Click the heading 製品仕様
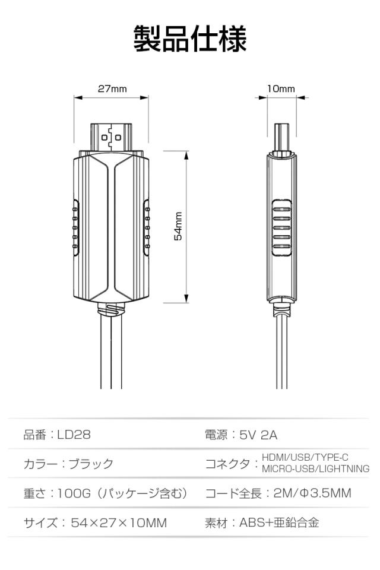pyautogui.click(x=190, y=39)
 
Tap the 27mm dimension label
pyautogui.click(x=112, y=88)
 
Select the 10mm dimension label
pyautogui.click(x=281, y=88)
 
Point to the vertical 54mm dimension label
pyautogui.click(x=179, y=226)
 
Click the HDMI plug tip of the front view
pyautogui.click(x=111, y=137)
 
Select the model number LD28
pyautogui.click(x=74, y=435)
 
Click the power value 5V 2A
pyautogui.click(x=258, y=435)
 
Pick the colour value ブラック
pyautogui.click(x=91, y=464)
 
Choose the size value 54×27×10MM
pyautogui.click(x=119, y=522)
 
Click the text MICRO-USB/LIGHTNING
pyautogui.click(x=315, y=469)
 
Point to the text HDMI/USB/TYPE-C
pyautogui.click(x=305, y=457)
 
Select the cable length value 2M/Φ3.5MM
pyautogui.click(x=312, y=493)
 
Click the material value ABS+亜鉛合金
pyautogui.click(x=279, y=522)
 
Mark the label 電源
pyautogui.click(x=216, y=435)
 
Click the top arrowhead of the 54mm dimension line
pyautogui.click(x=186, y=156)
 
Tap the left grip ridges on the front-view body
pyautogui.click(x=75, y=228)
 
